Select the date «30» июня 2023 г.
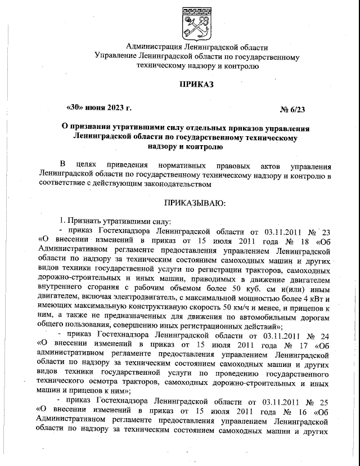point(99,107)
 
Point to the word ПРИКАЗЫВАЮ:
point(196,202)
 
